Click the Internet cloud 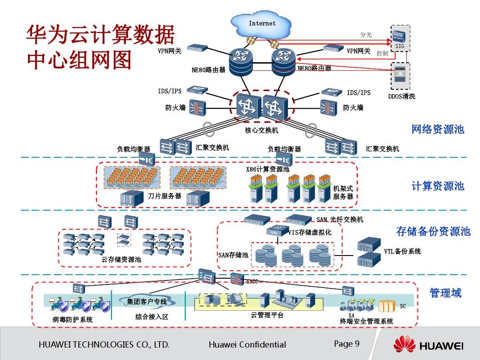[262, 24]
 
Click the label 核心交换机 [261, 130]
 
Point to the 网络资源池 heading [437, 129]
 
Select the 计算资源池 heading [437, 186]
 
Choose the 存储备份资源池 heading [433, 231]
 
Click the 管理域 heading [445, 293]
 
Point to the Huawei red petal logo [404, 345]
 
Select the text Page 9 [347, 344]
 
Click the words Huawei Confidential [247, 345]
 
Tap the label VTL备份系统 [402, 252]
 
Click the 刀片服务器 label [164, 196]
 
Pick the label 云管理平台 [267, 315]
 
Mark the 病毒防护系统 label [72, 320]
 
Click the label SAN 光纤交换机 [340, 220]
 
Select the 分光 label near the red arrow [366, 35]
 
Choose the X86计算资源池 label [268, 169]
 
